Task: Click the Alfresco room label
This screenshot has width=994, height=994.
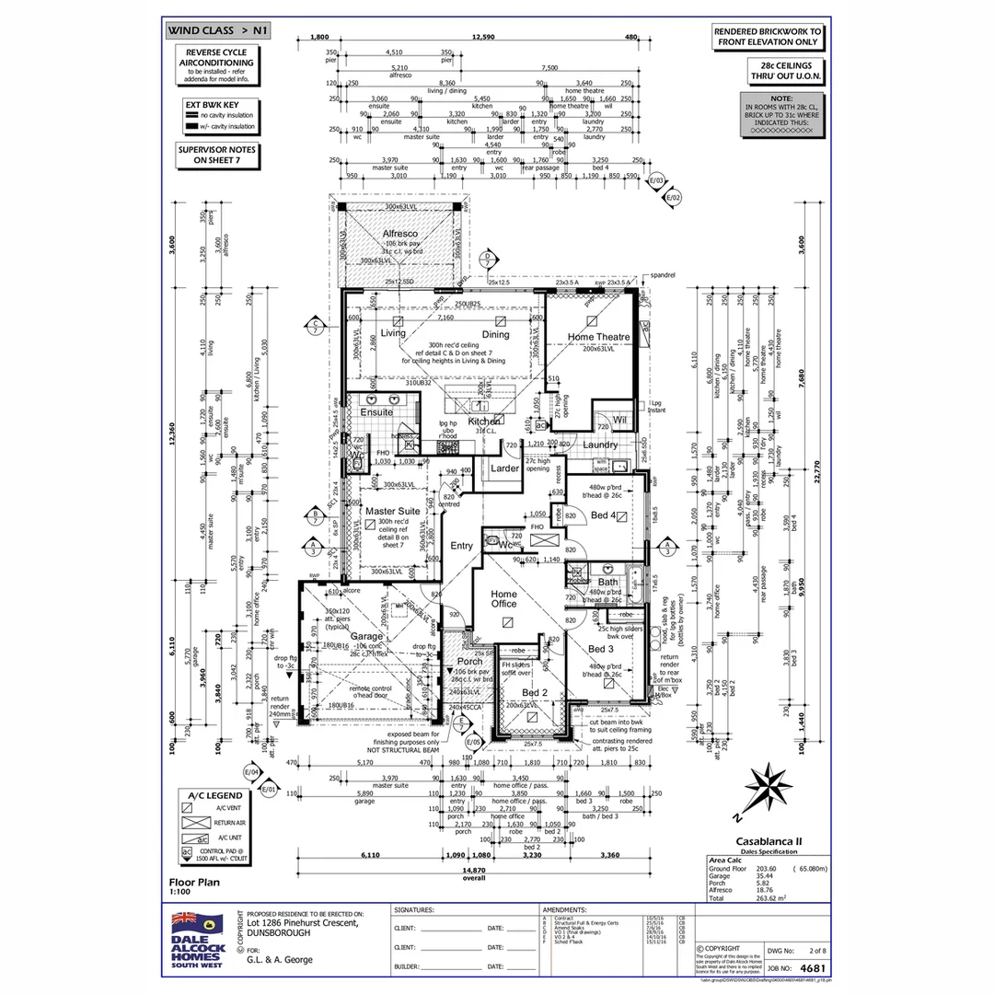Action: (400, 234)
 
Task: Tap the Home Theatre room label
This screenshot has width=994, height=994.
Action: (598, 337)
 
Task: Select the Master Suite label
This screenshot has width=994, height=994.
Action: (392, 511)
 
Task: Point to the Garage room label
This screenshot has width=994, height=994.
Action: (367, 636)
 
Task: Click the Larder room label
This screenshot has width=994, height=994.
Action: (504, 468)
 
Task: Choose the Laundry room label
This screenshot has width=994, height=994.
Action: (600, 445)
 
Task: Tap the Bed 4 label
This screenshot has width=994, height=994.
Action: (605, 514)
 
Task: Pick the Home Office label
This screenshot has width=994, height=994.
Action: (503, 598)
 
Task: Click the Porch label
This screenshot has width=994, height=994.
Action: (469, 661)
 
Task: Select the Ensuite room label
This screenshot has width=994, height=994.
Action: (376, 412)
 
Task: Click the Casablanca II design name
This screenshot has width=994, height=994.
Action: (769, 840)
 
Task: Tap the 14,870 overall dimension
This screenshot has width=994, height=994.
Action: (474, 869)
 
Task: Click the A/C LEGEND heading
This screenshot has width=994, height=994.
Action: (214, 795)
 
